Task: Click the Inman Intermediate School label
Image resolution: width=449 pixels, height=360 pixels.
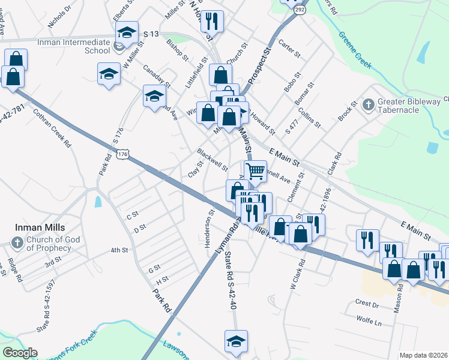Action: (73, 47)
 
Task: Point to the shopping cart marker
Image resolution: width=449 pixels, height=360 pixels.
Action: (255, 171)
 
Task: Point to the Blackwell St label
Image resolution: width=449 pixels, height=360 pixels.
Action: (212, 158)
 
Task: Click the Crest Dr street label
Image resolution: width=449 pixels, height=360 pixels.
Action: (367, 305)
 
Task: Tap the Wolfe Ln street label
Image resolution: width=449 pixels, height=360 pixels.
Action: (369, 322)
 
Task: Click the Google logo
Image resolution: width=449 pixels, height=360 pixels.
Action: (20, 353)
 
